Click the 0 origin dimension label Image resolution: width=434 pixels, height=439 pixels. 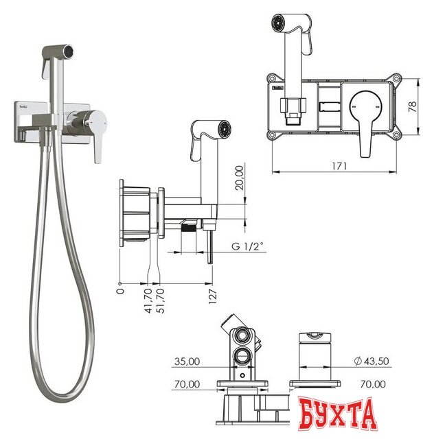121,292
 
